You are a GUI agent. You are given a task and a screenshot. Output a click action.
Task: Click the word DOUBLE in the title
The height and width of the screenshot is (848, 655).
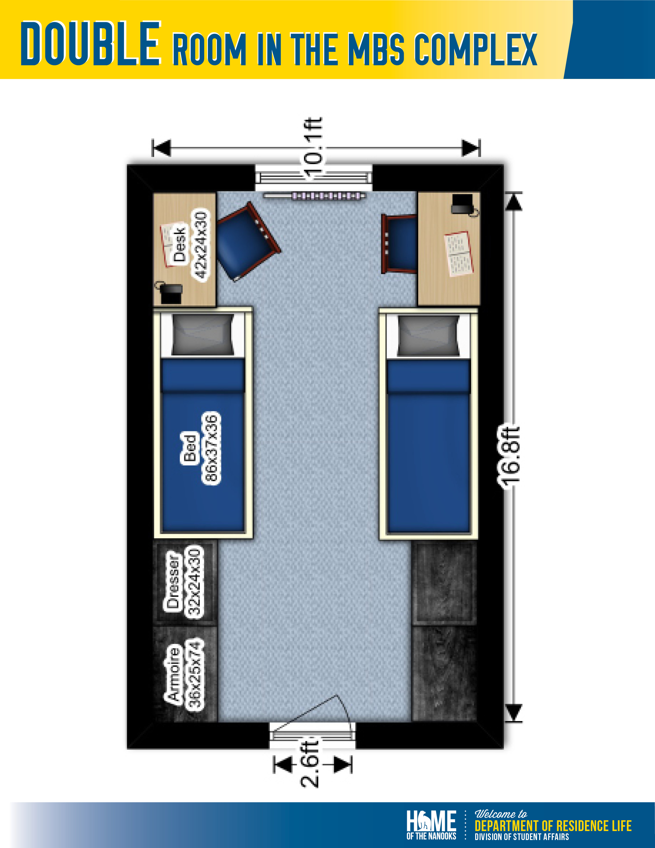pos(90,43)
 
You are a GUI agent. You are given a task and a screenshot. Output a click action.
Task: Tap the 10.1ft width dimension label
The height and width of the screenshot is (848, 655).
pos(313,149)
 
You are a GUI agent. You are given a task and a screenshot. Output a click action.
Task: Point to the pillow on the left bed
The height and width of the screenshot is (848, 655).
pos(203,334)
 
